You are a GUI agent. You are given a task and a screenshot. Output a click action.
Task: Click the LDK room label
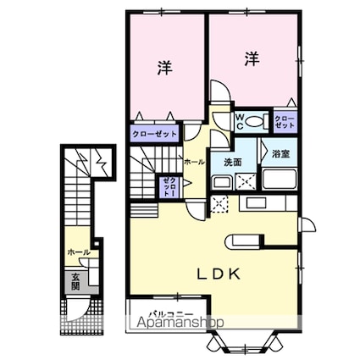coord(219,274)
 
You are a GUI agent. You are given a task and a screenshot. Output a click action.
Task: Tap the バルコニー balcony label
coord(171,314)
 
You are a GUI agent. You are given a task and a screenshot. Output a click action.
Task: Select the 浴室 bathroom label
coord(280,154)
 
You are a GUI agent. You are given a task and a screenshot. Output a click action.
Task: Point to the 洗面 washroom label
coord(233,162)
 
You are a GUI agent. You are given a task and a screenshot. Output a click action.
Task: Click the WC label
coord(240,122)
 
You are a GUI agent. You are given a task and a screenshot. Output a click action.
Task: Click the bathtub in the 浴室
coord(280,180)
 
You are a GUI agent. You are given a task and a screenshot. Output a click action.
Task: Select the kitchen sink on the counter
coord(256,203)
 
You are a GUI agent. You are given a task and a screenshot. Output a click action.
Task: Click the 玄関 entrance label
coord(75,281)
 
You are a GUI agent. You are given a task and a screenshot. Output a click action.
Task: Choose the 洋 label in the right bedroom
coord(252,58)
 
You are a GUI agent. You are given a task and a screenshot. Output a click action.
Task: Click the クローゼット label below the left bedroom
coord(154,134)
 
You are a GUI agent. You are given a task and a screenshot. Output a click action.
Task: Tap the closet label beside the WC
coord(285,122)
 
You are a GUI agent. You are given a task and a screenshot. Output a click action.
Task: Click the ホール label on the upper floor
coord(194,162)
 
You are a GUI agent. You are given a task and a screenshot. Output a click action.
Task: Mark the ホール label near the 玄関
coord(79,252)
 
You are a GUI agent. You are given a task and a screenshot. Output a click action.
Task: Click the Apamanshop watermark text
coord(180,323)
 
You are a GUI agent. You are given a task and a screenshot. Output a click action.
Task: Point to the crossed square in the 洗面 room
coord(246,181)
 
